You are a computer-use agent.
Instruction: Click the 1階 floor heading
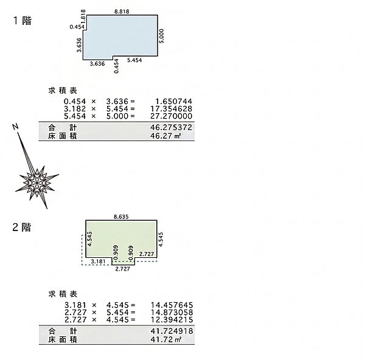pyautogui.click(x=23, y=21)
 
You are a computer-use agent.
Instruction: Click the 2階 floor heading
pyautogui.click(x=22, y=227)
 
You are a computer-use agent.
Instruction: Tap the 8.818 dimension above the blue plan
pyautogui.click(x=122, y=12)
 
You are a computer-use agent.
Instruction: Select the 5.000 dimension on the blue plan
pyautogui.click(x=162, y=36)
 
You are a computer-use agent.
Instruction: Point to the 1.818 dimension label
pyautogui.click(x=83, y=16)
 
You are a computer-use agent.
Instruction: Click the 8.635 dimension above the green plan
pyautogui.click(x=121, y=217)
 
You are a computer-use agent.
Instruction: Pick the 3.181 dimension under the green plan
pyautogui.click(x=98, y=261)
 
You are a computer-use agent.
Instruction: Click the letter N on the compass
pyautogui.click(x=15, y=127)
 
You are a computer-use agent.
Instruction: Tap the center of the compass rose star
pyautogui.click(x=36, y=182)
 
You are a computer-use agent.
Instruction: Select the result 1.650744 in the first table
pyautogui.click(x=173, y=101)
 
